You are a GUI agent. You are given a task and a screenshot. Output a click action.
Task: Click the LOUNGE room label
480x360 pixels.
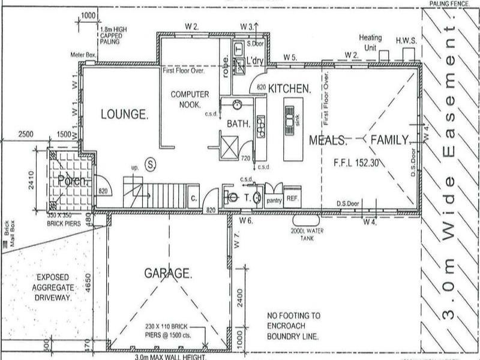pos(124,114)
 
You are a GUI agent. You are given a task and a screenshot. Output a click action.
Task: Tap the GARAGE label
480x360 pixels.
pos(168,273)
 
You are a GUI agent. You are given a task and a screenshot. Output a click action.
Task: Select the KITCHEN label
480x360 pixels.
pos(290,88)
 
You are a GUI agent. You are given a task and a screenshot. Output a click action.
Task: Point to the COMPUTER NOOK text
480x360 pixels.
pos(190,99)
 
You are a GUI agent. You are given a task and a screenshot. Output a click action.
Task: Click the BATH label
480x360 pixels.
pos(238,123)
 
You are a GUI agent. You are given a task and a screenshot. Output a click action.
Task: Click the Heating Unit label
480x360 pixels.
pos(370,41)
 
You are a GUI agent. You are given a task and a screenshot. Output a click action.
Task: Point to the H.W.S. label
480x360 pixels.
pos(406,41)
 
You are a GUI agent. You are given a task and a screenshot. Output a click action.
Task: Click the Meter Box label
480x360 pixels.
pos(83,55)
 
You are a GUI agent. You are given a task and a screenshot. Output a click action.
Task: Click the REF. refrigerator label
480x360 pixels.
pos(292,198)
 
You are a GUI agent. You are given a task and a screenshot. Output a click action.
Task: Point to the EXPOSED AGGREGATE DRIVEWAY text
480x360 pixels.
pos(54,287)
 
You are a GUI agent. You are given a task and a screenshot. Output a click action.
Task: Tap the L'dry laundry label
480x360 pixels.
pos(256,61)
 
